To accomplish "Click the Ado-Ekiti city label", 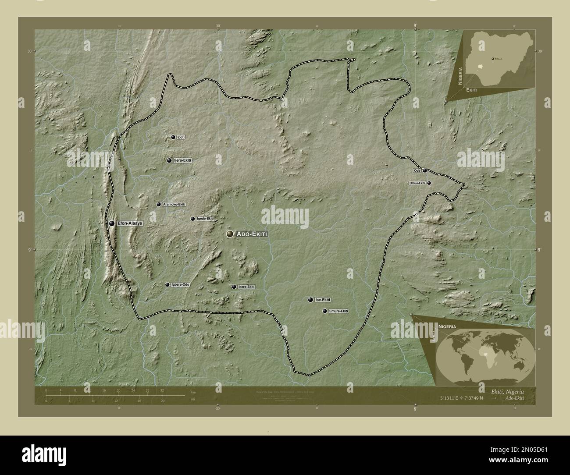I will coord(251,234).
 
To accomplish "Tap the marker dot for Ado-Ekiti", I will coord(230,234).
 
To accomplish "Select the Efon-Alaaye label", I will coord(130,223).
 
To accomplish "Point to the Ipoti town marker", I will coord(173,137).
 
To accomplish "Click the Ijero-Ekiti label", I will coord(183,160).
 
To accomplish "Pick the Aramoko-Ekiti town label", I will coord(174,205).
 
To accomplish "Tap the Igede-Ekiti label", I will coord(205,219).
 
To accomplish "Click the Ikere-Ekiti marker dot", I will coord(234,287).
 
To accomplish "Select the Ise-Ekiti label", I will coord(322,300).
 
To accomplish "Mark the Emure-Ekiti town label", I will coord(338,311).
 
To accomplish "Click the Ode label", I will coord(417,170).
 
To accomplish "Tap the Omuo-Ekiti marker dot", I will coord(429,183).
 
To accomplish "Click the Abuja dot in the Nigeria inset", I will coord(492,58).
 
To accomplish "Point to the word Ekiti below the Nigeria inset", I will coord(472,89).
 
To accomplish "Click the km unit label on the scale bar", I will coord(193,391).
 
